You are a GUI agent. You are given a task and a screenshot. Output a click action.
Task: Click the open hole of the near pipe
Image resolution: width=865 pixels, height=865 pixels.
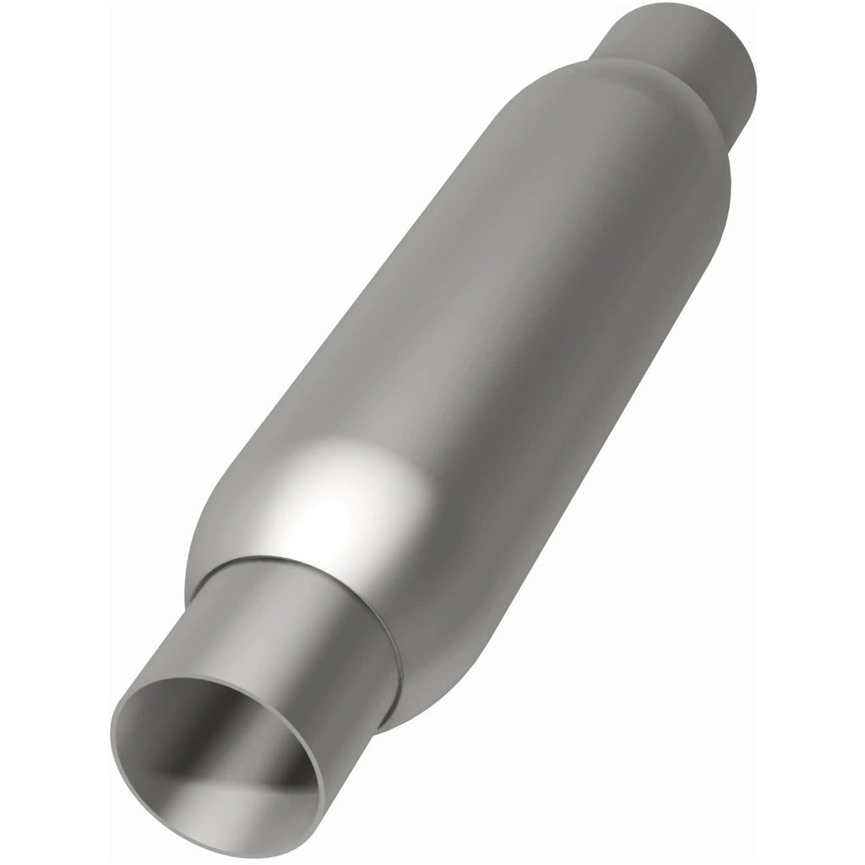tap(215, 764)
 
